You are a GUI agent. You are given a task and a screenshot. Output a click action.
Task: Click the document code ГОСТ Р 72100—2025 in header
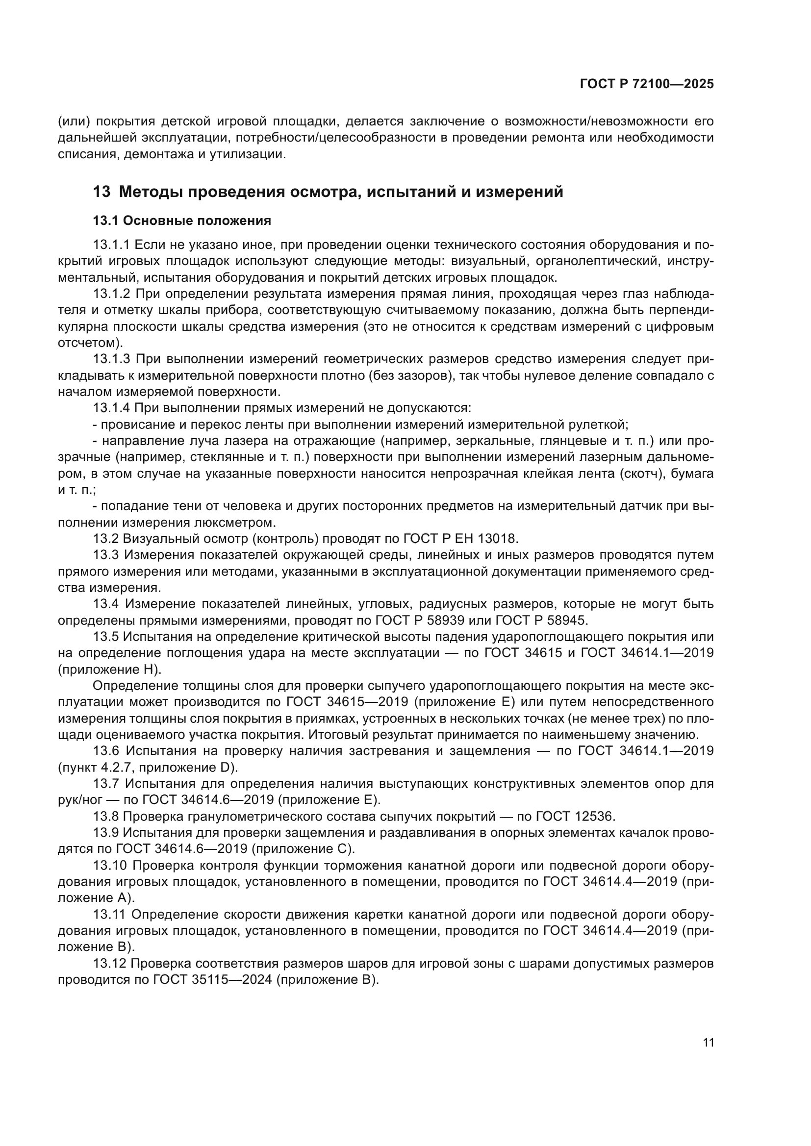tap(647, 84)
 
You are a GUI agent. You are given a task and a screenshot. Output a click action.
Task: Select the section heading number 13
tap(101, 192)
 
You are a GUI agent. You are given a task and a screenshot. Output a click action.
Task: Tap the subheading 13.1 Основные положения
tap(182, 220)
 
